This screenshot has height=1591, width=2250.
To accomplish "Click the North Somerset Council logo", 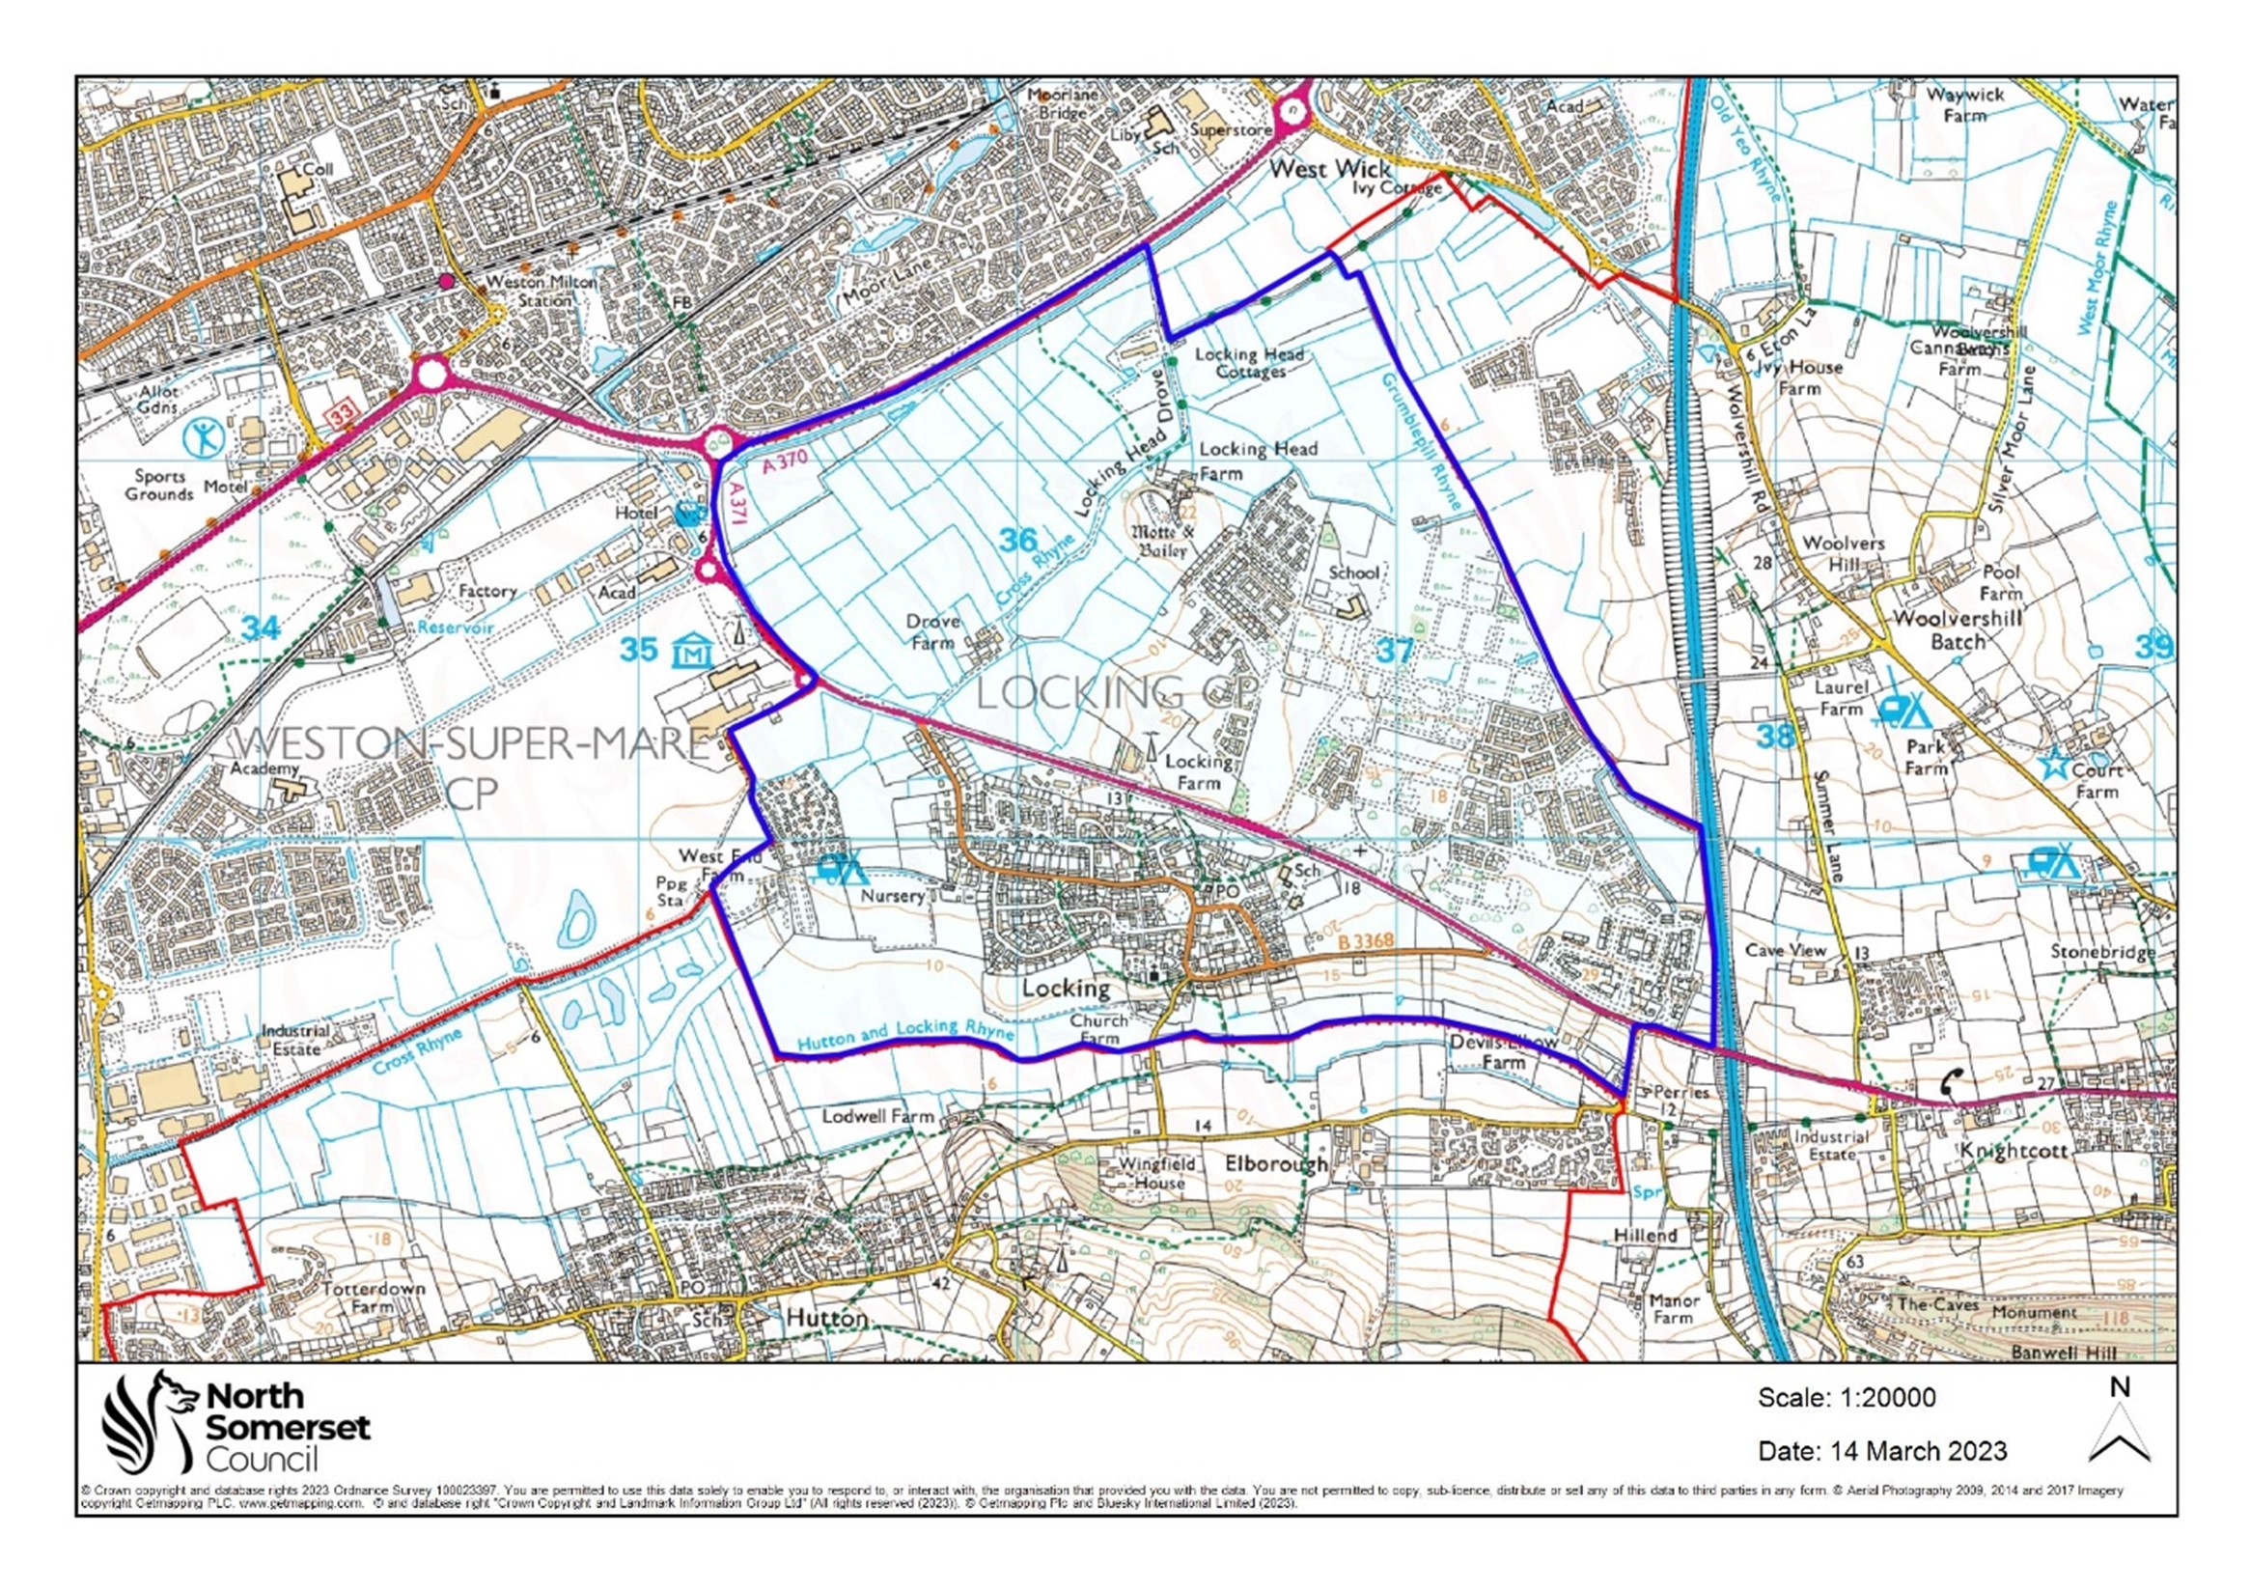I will pyautogui.click(x=236, y=1421).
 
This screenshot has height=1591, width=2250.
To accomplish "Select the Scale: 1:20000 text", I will pyautogui.click(x=1847, y=1397).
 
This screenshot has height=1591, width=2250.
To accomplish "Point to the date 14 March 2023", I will pyautogui.click(x=1881, y=1450).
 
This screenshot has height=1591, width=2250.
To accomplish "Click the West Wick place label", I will pyautogui.click(x=1329, y=169).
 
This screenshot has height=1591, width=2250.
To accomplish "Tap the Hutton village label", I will pyautogui.click(x=827, y=1318).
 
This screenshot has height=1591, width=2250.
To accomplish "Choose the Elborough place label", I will pyautogui.click(x=1276, y=1163).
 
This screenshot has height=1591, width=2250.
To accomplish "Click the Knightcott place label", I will pyautogui.click(x=2012, y=1150).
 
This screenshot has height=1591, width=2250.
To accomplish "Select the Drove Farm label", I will pyautogui.click(x=931, y=632).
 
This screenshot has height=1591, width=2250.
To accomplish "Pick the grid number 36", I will pyautogui.click(x=1017, y=539).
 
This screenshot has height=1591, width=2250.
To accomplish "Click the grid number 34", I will pyautogui.click(x=260, y=627).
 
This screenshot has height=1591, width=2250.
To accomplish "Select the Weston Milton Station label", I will pyautogui.click(x=542, y=292).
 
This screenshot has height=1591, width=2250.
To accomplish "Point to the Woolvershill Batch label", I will pyautogui.click(x=1957, y=629).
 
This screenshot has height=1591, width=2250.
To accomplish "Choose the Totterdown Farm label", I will pyautogui.click(x=373, y=1297).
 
